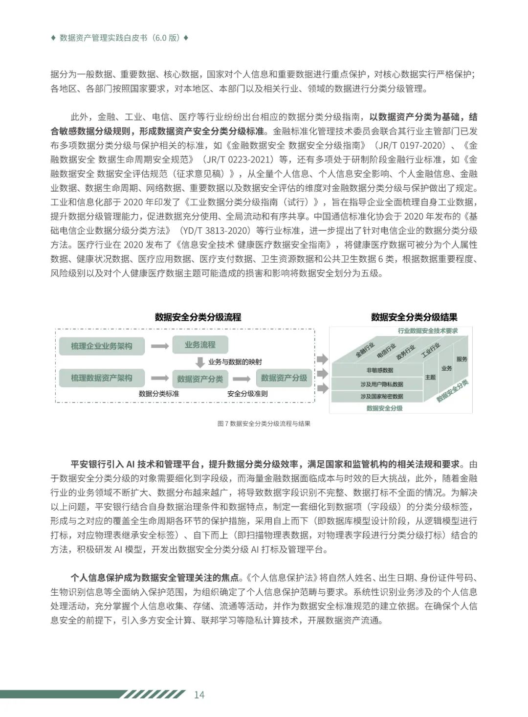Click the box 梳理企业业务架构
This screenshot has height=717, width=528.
[102, 346]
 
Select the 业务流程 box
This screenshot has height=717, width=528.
[200, 345]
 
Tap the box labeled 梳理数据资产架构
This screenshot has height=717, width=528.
[102, 378]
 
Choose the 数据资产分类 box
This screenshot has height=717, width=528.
[200, 379]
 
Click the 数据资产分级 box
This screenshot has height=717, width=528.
[284, 378]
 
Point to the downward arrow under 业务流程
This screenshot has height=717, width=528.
[200, 362]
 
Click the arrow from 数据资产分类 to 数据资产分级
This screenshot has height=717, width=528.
[241, 379]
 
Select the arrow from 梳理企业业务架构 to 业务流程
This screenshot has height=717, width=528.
[159, 346]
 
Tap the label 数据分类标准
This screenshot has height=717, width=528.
[159, 394]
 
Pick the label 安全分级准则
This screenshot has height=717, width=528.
[247, 394]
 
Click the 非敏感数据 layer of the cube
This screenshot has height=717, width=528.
[380, 370]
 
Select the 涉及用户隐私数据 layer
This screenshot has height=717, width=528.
[382, 384]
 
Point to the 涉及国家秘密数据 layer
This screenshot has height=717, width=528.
[382, 396]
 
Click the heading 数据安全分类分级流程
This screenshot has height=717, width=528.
[198, 317]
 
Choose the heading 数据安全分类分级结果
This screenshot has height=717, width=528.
[414, 317]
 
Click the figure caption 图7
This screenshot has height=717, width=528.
[264, 424]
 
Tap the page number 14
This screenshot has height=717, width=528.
[199, 695]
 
